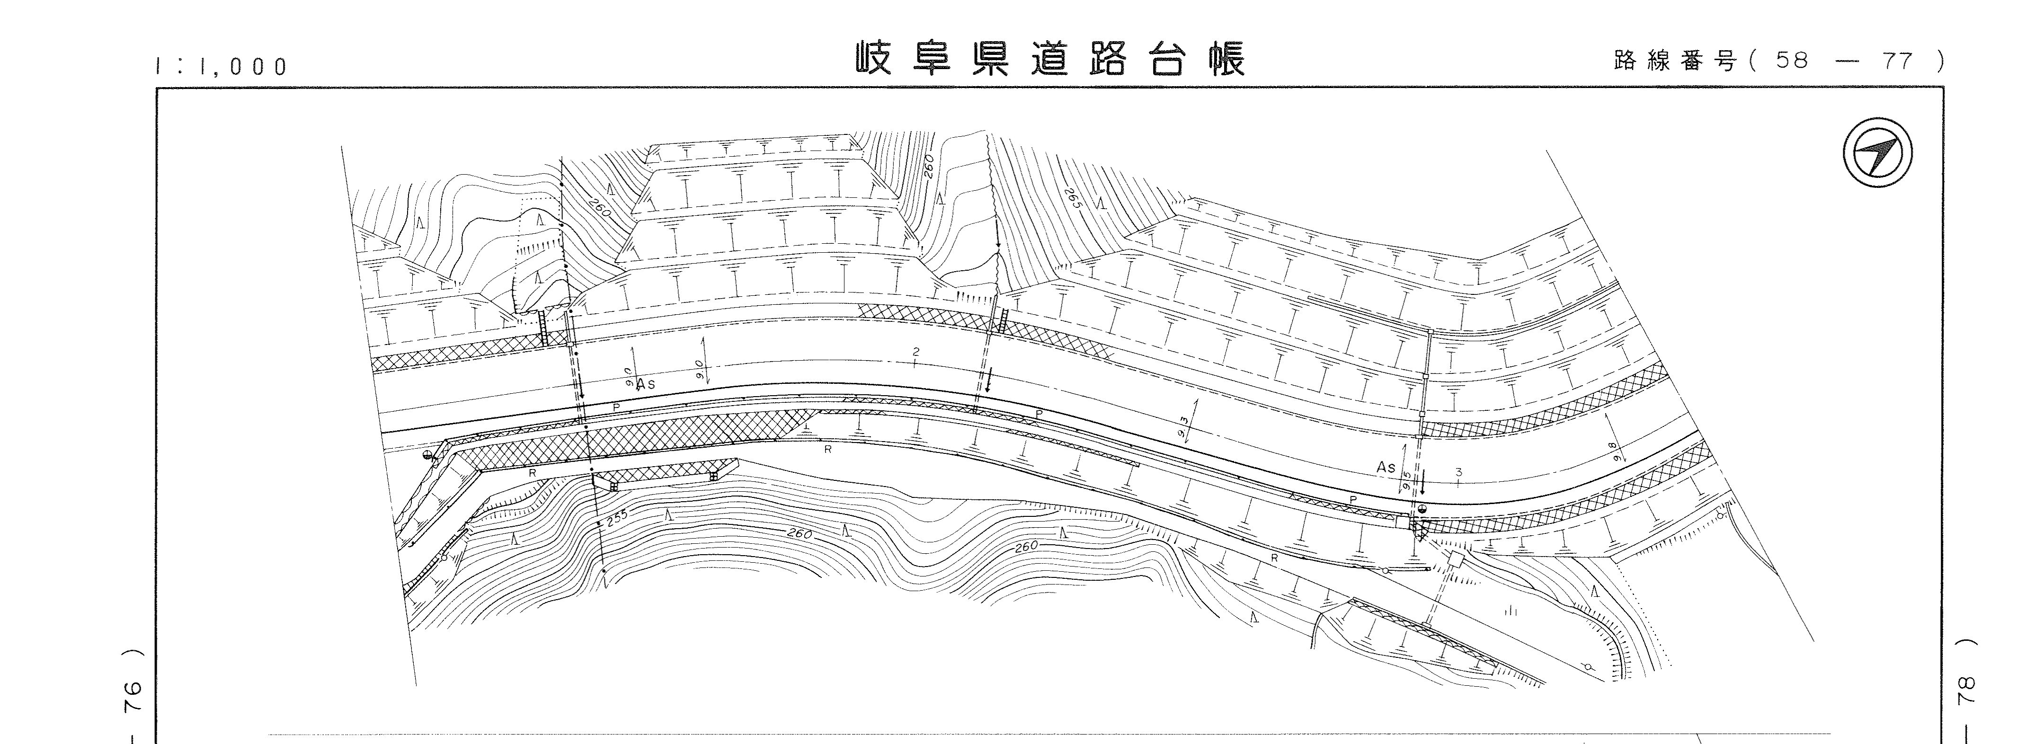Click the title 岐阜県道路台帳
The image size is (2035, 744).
click(1051, 59)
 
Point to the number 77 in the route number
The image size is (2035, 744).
click(1895, 61)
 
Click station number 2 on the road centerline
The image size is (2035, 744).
click(915, 352)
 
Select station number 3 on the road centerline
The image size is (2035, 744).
click(1458, 472)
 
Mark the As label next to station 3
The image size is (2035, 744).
click(1386, 468)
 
